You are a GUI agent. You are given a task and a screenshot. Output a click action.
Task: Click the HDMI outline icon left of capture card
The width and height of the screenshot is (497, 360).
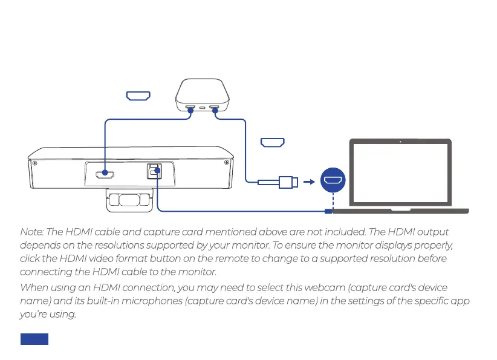click(x=138, y=96)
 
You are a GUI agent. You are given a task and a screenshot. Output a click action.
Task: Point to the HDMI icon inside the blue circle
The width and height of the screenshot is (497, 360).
click(x=333, y=180)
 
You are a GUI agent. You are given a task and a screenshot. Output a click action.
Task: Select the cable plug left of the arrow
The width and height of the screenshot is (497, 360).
click(x=287, y=180)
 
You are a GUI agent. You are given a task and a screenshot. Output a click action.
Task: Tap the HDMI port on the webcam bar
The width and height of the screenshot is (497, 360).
click(x=105, y=175)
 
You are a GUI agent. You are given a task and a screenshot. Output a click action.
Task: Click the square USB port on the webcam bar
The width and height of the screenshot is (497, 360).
click(x=154, y=172)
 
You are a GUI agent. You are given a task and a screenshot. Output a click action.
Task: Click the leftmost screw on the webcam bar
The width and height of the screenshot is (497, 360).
click(x=35, y=163)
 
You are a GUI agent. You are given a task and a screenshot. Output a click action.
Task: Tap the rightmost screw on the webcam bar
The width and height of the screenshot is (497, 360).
click(x=227, y=163)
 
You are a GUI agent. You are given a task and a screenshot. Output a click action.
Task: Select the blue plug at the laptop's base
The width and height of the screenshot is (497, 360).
click(x=328, y=211)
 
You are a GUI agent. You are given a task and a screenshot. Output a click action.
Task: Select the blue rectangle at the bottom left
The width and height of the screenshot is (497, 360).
click(x=34, y=339)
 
